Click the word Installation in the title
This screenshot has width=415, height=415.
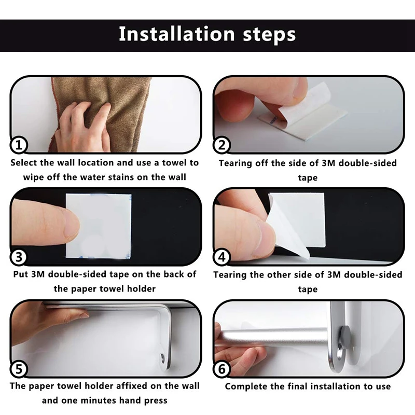pyautogui.click(x=177, y=34)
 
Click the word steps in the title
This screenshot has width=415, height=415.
pyautogui.click(x=269, y=35)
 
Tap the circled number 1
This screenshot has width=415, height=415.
pyautogui.click(x=19, y=145)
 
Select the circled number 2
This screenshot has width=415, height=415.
pyautogui.click(x=222, y=145)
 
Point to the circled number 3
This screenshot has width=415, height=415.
pyautogui.click(x=19, y=257)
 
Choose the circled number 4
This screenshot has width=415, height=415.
pyautogui.click(x=222, y=257)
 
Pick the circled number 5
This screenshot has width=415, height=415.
pyautogui.click(x=19, y=369)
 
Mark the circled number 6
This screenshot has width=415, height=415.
pyautogui.click(x=222, y=369)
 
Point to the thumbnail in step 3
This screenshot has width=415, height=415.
pyautogui.click(x=70, y=225)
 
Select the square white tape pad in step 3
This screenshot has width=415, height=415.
pyautogui.click(x=99, y=226)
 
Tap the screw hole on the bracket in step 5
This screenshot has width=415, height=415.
pyautogui.click(x=162, y=359)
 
